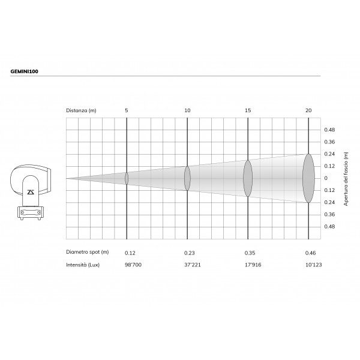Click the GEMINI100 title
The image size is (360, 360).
pyautogui.click(x=25, y=71)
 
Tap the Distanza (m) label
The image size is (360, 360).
pyautogui.click(x=81, y=110)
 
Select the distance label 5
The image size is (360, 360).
pyautogui.click(x=127, y=110)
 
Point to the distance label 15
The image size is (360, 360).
pyautogui.click(x=248, y=110)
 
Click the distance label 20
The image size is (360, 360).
pyautogui.click(x=308, y=110)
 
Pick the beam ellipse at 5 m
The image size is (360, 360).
pyautogui.click(x=127, y=178)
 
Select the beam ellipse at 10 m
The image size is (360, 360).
pyautogui.click(x=187, y=178)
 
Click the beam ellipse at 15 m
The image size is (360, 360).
pyautogui.click(x=248, y=178)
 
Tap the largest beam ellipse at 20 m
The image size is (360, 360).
pyautogui.click(x=308, y=178)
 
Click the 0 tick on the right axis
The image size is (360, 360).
pyautogui.click(x=326, y=178)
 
